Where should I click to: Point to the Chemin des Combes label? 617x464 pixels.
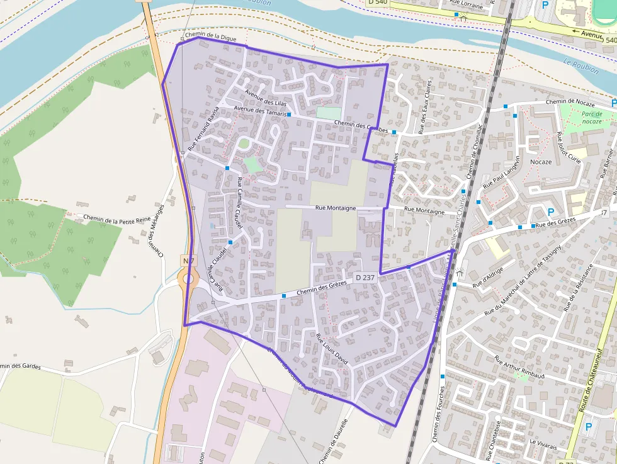(361, 127)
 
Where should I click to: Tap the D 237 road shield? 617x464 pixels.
(365, 277)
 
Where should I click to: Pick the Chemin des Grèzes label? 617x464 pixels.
(322, 287)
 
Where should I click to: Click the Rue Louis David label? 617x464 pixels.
(332, 349)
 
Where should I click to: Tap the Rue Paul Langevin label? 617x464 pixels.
(504, 173)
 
